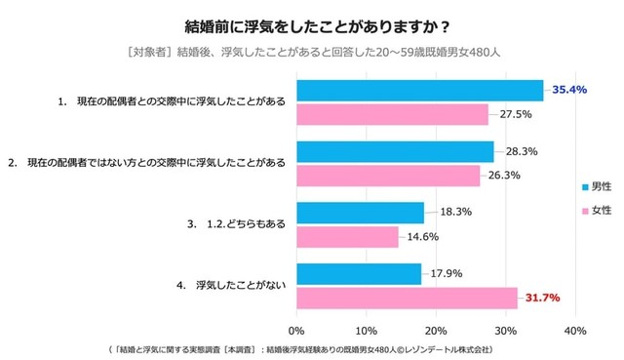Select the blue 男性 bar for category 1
420,91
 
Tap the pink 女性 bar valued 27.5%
393,114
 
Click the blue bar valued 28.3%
395,152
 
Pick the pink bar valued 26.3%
388,176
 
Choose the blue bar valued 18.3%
361,213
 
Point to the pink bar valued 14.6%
348,236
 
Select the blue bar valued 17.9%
359,274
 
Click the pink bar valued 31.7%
407,298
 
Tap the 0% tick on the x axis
296,329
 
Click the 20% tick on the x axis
436,329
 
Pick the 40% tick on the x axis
575,329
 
